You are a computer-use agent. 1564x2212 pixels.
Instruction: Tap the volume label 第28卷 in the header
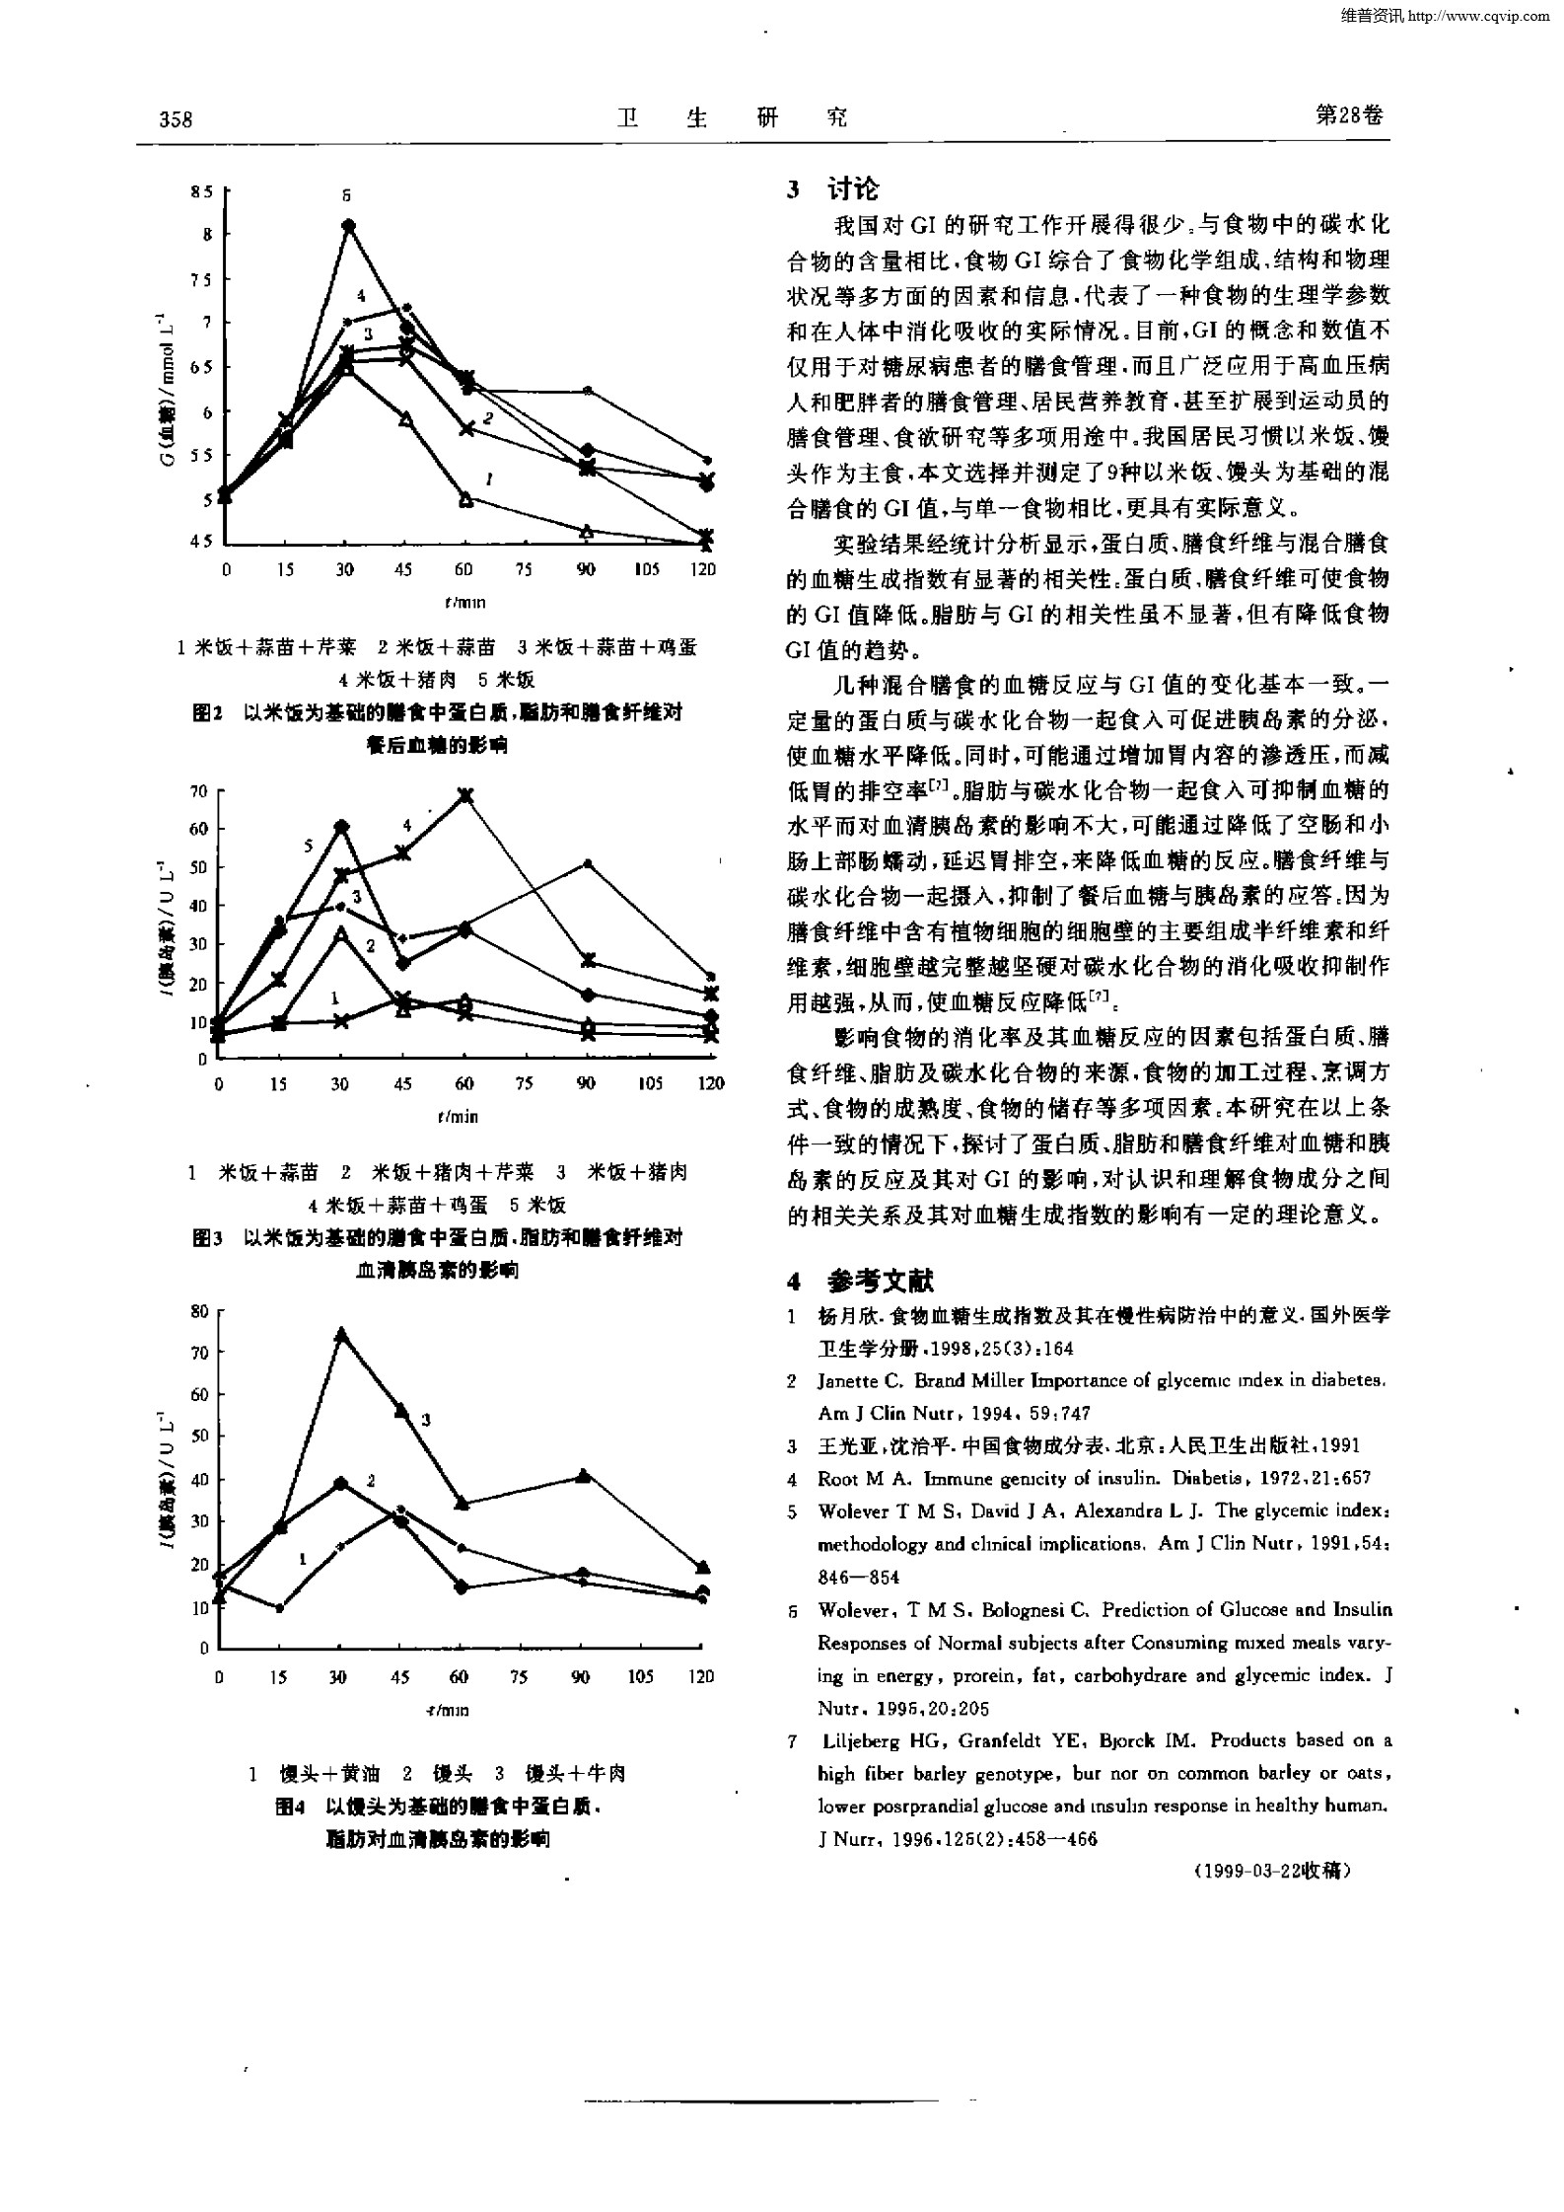click(1349, 115)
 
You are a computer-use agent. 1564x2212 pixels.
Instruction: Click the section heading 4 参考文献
click(860, 1281)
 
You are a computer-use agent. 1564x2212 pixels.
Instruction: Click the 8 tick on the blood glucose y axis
click(207, 235)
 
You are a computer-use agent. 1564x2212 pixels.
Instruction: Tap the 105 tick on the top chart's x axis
click(646, 569)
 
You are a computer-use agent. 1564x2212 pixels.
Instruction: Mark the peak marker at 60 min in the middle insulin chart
click(464, 795)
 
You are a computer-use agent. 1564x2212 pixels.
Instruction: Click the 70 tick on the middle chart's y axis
click(198, 790)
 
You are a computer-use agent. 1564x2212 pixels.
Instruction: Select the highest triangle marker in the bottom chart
click(341, 1334)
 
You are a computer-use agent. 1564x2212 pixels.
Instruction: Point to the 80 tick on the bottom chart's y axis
click(199, 1311)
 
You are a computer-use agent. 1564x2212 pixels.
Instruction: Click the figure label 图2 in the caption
click(206, 713)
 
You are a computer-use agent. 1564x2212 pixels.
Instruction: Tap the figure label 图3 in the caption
click(206, 1237)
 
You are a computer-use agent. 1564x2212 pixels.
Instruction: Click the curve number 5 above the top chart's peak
click(347, 195)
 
